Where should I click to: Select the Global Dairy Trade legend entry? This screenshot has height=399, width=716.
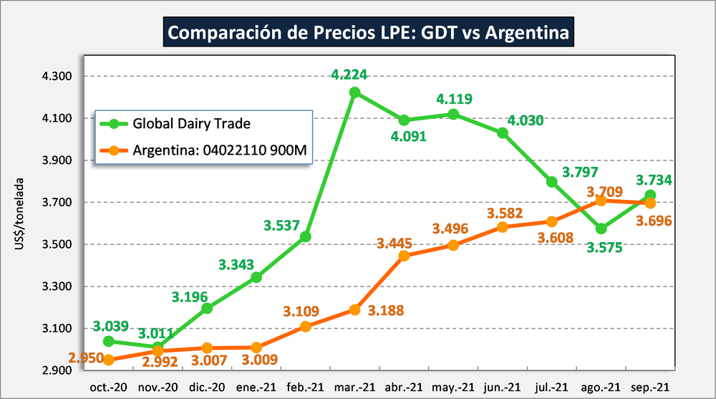[191, 123]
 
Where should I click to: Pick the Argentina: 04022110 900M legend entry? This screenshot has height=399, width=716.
[215, 150]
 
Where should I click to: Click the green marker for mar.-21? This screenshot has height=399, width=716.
[355, 92]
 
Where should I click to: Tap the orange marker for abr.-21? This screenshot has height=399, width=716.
[404, 256]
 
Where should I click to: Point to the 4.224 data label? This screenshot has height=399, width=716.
[354, 74]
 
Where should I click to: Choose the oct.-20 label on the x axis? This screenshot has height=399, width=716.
[108, 387]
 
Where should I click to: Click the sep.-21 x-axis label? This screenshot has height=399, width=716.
[649, 387]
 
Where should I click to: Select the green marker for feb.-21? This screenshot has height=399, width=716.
[306, 236]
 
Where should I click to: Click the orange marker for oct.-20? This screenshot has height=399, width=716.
[108, 360]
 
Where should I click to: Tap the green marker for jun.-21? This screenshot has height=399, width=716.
[503, 133]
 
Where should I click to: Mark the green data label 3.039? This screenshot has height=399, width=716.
[110, 327]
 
